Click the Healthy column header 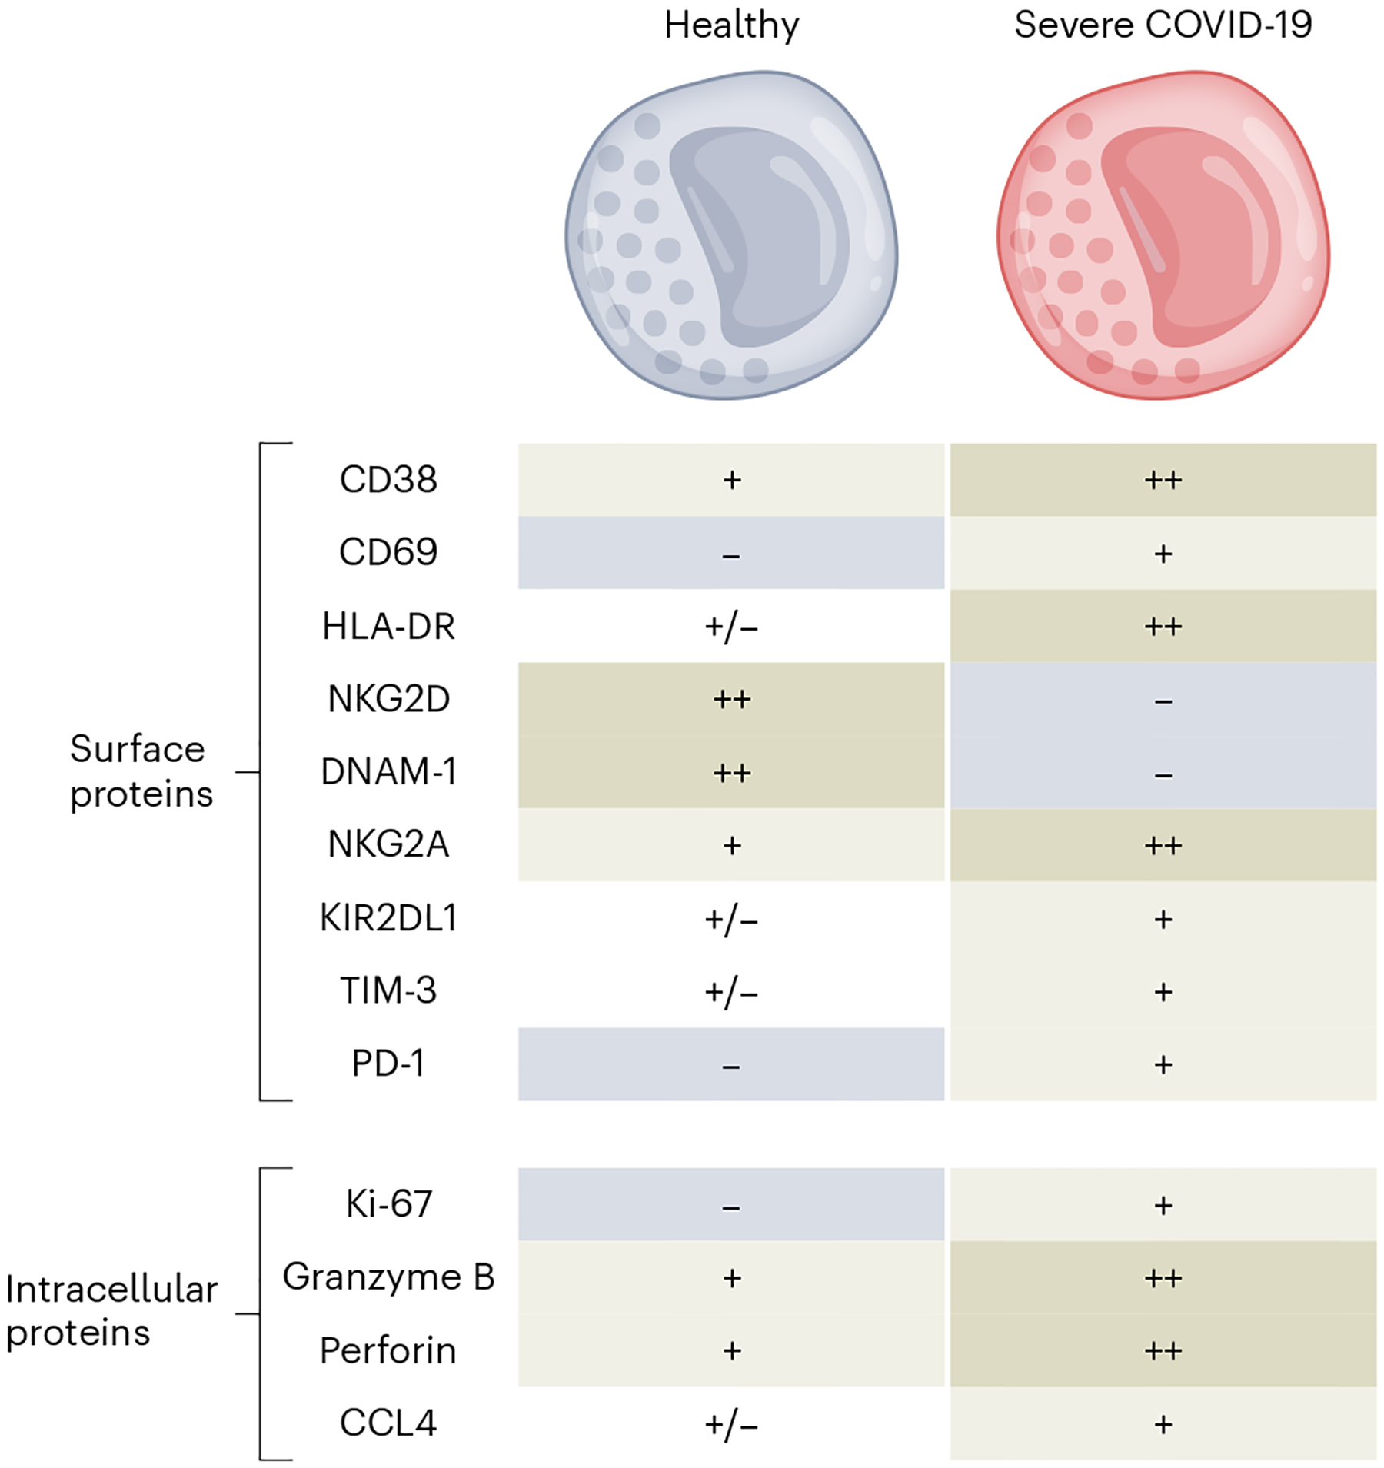(731, 25)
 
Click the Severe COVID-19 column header (1163, 25)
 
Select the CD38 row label (388, 479)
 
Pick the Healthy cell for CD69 (731, 552)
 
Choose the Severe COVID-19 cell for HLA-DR (1163, 626)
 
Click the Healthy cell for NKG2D (731, 699)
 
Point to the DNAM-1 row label (388, 771)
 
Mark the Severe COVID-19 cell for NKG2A (1163, 845)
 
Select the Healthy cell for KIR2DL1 (731, 918)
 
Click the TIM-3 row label (388, 990)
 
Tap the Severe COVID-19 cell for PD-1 (1163, 1064)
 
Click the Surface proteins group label (141, 771)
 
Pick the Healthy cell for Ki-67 (731, 1204)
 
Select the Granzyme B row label (388, 1277)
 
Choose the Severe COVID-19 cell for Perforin (1163, 1350)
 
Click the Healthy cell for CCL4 (731, 1423)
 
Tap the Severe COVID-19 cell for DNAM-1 (1163, 772)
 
